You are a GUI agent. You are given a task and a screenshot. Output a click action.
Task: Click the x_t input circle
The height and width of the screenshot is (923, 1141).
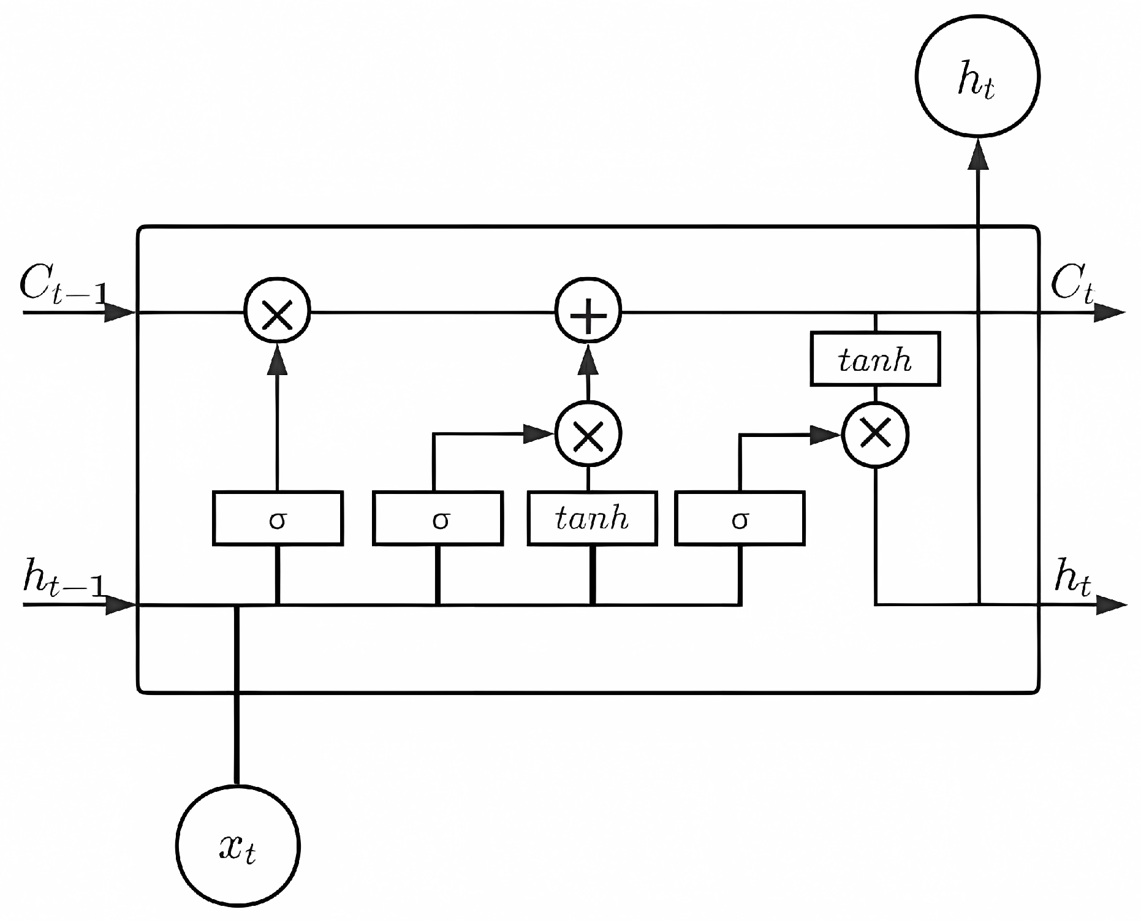pyautogui.click(x=238, y=846)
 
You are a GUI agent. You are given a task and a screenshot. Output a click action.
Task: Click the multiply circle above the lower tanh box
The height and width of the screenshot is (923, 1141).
pyautogui.click(x=588, y=434)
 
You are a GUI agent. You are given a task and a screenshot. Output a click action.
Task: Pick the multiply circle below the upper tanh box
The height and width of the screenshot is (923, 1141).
pyautogui.click(x=875, y=434)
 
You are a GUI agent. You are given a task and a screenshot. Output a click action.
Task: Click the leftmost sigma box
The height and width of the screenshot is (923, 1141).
pyautogui.click(x=278, y=518)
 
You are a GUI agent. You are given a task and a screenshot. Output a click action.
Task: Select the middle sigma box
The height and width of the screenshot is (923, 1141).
pyautogui.click(x=438, y=518)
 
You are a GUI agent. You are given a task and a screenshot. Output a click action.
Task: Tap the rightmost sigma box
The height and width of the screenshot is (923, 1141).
pyautogui.click(x=740, y=518)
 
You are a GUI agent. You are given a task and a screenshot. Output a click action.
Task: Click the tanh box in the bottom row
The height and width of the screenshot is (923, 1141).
pyautogui.click(x=592, y=518)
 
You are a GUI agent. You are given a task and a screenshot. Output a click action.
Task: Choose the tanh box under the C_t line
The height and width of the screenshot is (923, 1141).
pyautogui.click(x=875, y=359)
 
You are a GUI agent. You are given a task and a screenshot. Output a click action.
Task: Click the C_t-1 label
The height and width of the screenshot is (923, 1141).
pyautogui.click(x=61, y=286)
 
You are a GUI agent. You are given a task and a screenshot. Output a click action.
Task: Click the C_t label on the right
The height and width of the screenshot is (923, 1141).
pyautogui.click(x=1072, y=286)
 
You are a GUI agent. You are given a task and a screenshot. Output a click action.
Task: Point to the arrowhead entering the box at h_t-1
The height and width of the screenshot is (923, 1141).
pyautogui.click(x=119, y=606)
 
